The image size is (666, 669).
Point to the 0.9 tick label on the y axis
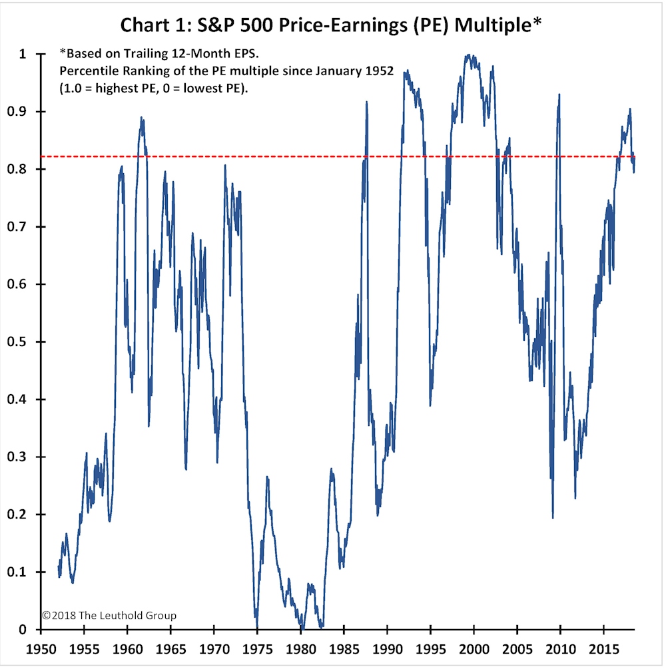click(17, 112)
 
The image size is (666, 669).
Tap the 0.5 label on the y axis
click(17, 341)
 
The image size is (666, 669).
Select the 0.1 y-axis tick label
click(17, 572)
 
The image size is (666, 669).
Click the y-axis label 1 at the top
click(23, 54)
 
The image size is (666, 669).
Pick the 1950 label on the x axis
click(41, 649)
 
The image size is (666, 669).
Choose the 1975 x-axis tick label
click(258, 649)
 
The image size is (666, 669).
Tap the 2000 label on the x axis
click(474, 649)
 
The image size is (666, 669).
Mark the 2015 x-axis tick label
click(603, 649)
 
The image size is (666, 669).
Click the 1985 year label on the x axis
click(344, 649)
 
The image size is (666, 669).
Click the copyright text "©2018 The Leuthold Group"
click(109, 615)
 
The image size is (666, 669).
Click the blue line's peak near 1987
click(366, 102)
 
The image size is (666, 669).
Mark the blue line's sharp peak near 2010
click(559, 95)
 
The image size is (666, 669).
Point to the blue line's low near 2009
click(553, 517)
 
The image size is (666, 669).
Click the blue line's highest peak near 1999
click(468, 55)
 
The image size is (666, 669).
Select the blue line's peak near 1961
click(141, 117)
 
